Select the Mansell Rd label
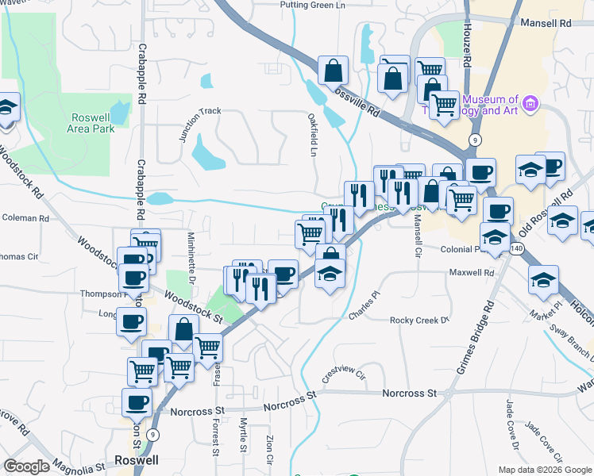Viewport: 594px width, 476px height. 546,24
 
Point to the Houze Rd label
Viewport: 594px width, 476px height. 468,48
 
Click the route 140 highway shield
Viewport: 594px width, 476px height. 518,249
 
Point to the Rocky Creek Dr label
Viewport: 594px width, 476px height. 419,321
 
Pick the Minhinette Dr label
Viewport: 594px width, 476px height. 191,259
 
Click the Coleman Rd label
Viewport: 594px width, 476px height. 26,217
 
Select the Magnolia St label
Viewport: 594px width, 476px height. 79,464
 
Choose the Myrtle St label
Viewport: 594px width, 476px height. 244,436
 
